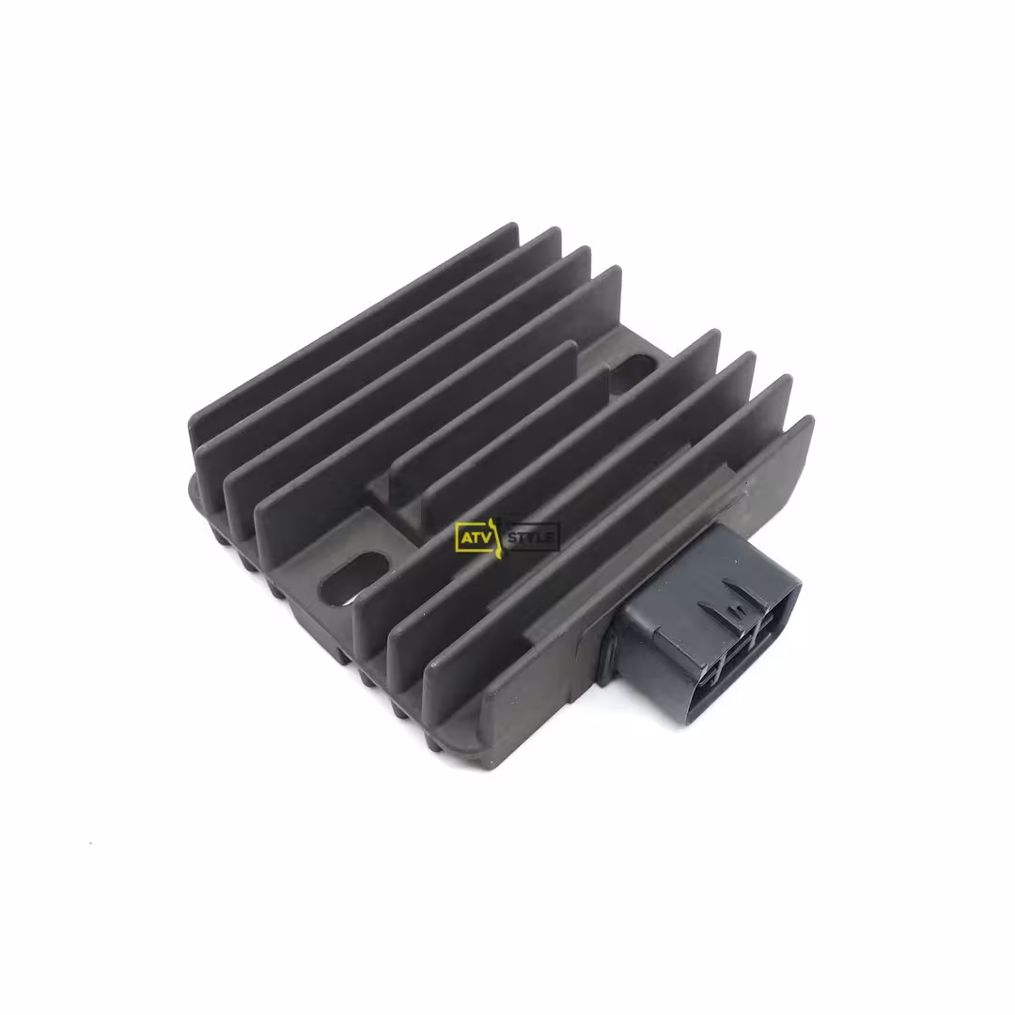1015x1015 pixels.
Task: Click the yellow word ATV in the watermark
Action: tap(476, 538)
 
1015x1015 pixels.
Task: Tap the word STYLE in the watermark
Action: tap(530, 538)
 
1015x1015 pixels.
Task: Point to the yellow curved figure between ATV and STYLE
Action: tap(496, 539)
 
